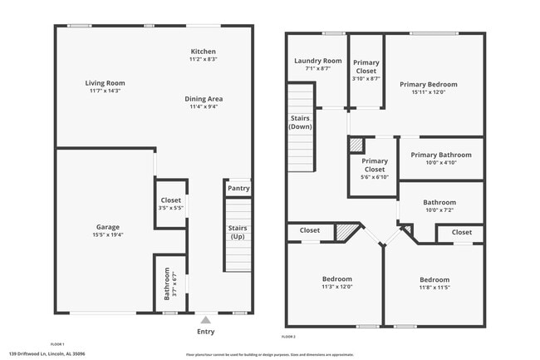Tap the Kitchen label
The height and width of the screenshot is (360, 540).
204,52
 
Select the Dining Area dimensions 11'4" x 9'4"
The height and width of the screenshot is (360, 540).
204,106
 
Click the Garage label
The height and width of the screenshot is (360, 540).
107,226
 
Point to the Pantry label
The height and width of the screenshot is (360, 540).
238,189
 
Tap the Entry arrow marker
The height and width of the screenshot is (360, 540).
205,318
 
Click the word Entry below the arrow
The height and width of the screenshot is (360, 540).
205,332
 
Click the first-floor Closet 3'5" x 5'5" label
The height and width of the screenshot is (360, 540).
170,200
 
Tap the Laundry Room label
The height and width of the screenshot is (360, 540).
318,61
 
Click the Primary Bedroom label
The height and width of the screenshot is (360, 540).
429,84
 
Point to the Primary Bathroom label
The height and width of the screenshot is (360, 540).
441,155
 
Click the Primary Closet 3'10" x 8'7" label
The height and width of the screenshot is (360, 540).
366,67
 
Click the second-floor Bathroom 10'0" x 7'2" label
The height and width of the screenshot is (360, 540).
439,202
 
